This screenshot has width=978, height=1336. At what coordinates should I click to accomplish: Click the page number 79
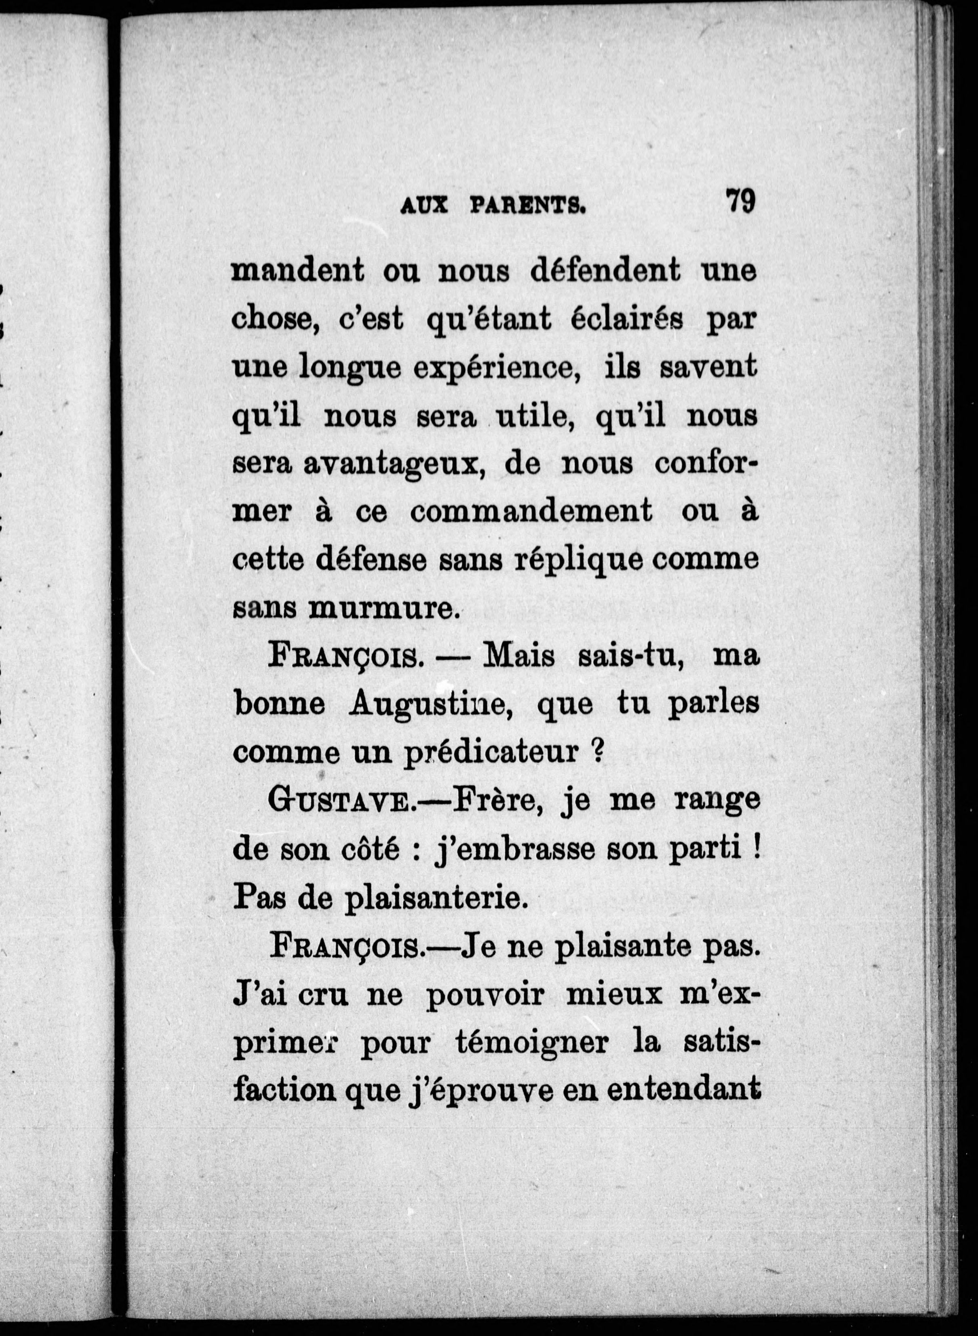[740, 201]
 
